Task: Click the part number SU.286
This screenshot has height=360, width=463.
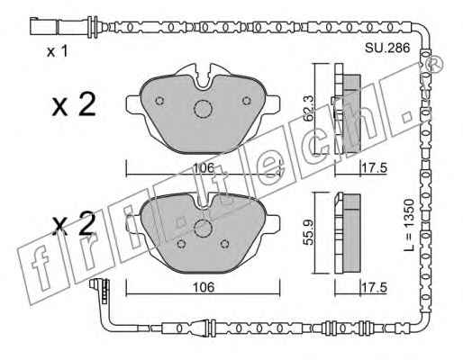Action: (x=387, y=48)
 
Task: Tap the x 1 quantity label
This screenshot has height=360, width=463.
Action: (x=58, y=51)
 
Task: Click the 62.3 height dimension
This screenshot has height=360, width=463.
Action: (x=308, y=108)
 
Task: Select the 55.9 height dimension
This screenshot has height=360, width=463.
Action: (x=308, y=232)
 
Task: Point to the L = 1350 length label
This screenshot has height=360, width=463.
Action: (x=408, y=224)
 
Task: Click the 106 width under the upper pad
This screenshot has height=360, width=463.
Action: (x=204, y=167)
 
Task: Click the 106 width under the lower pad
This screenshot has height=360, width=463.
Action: (x=204, y=287)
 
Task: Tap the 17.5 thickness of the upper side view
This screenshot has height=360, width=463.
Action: (x=374, y=167)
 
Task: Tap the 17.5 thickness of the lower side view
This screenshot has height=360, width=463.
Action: (x=374, y=287)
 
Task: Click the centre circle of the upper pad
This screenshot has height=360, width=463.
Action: (x=203, y=109)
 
